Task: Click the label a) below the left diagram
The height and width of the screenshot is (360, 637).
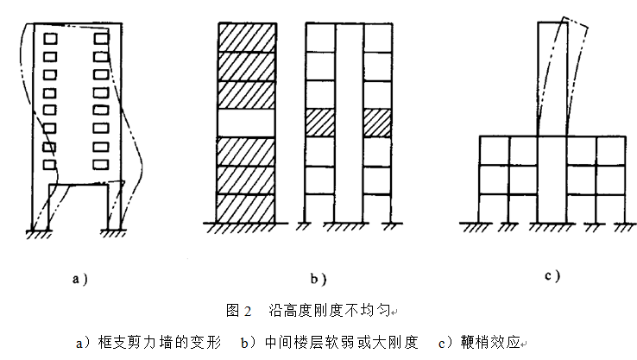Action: [79, 279]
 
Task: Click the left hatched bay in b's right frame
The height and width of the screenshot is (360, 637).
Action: [319, 123]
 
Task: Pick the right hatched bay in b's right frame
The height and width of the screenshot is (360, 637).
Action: [377, 123]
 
